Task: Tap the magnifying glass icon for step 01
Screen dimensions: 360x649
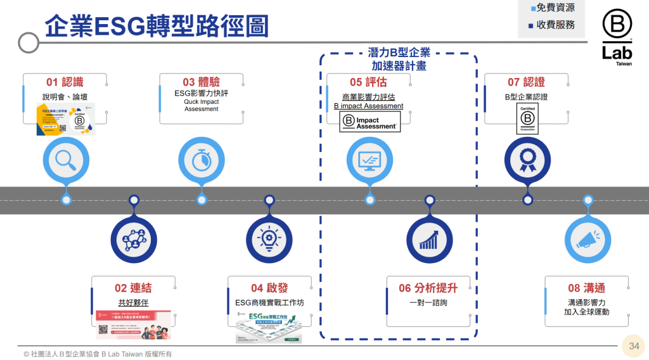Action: (66, 159)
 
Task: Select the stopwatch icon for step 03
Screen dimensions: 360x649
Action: (202, 159)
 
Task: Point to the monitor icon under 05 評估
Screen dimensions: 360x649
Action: (369, 159)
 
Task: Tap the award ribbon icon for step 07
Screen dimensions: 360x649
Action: (527, 159)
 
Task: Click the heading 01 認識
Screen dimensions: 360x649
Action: (65, 82)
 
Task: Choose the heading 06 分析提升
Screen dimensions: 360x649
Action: (428, 288)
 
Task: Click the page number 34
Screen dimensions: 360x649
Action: (634, 346)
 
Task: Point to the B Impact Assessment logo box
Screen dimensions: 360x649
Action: (370, 122)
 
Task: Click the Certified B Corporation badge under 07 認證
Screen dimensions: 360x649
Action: (527, 119)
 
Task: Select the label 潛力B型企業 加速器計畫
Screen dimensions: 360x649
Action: (399, 59)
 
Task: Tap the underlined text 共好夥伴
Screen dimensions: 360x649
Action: (133, 302)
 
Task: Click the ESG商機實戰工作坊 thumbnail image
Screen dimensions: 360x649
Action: (269, 326)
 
